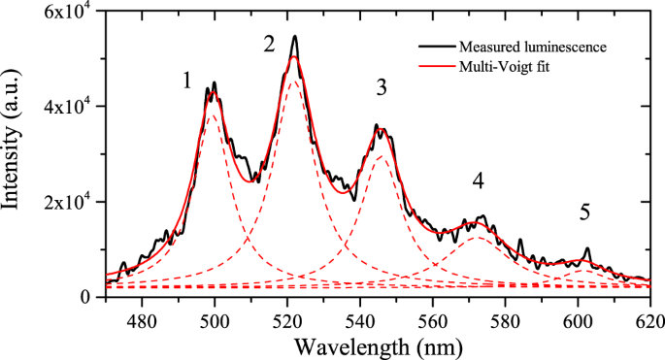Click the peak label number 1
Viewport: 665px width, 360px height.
pyautogui.click(x=186, y=82)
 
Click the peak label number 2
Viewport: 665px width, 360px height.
pyautogui.click(x=270, y=44)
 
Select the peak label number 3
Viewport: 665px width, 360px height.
pyautogui.click(x=382, y=88)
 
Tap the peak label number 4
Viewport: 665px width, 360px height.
pyautogui.click(x=478, y=181)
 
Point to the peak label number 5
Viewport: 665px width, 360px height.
pyautogui.click(x=584, y=212)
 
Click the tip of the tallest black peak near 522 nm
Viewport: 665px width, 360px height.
pyautogui.click(x=294, y=36)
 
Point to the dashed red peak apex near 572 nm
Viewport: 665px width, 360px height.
pyautogui.click(x=476, y=237)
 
